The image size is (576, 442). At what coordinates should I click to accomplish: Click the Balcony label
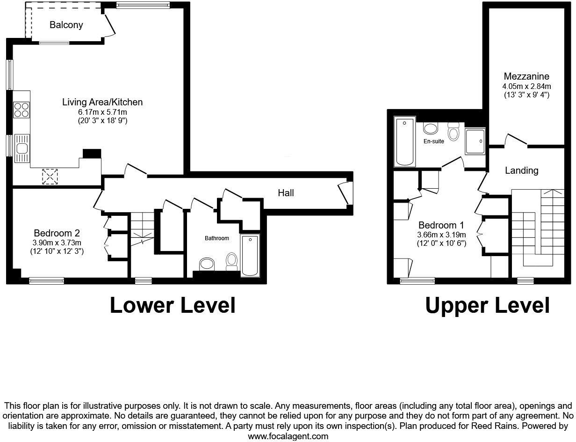point(66,25)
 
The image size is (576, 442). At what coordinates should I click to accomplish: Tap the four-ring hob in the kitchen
point(21,110)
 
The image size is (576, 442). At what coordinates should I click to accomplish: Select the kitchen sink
point(22,148)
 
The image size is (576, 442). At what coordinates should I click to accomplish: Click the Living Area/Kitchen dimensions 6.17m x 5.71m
point(102,112)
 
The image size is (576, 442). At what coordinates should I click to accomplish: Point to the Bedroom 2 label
point(57,233)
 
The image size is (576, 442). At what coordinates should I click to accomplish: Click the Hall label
point(286,192)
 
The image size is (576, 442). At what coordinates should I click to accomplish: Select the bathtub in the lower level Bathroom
point(250,255)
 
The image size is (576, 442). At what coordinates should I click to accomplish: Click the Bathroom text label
point(217,238)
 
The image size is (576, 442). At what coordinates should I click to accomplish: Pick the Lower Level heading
point(172,305)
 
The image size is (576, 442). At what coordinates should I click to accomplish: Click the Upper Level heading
point(487,305)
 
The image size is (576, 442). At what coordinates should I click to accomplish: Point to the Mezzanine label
point(526,76)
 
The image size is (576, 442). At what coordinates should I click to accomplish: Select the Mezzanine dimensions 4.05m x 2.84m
point(526,86)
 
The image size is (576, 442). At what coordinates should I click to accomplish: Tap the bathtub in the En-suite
point(405,141)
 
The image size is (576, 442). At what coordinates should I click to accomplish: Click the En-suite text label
point(434,141)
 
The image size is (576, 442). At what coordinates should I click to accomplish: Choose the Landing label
point(521,170)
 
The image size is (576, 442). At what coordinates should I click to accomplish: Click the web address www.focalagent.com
point(288,436)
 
